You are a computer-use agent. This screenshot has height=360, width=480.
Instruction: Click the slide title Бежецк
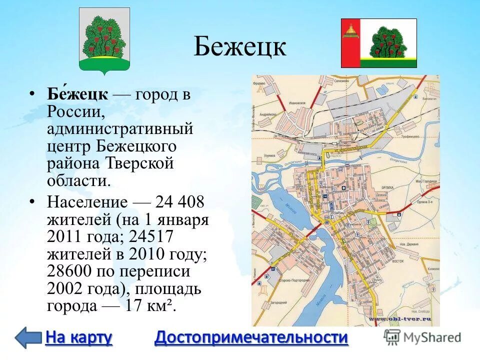pyautogui.click(x=239, y=47)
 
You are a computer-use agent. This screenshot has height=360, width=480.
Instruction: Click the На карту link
pyautogui.click(x=78, y=337)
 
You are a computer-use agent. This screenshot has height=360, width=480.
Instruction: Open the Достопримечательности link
pyautogui.click(x=251, y=337)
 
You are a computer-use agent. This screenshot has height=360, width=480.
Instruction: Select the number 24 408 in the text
pyautogui.click(x=180, y=202)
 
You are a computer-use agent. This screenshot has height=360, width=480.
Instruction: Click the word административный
pyautogui.click(x=120, y=129)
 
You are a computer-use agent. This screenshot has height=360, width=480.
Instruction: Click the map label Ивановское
pyautogui.click(x=297, y=103)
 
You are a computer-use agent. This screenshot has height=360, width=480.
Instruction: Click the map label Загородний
pyautogui.click(x=278, y=303)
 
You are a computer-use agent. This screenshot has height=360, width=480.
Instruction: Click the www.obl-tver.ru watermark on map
pyautogui.click(x=400, y=318)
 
